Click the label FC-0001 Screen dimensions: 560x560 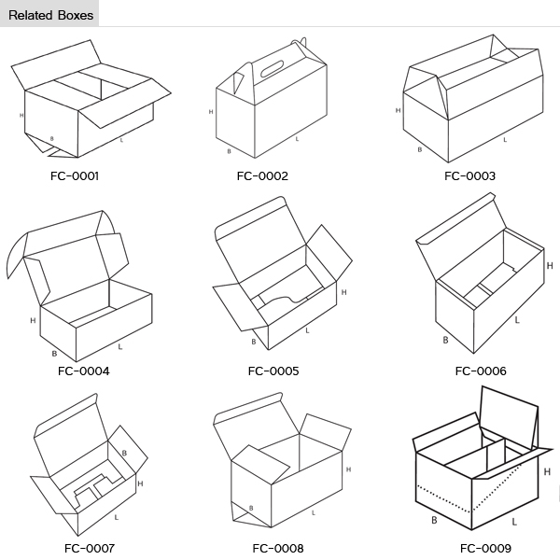75,175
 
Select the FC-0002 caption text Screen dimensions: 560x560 262,175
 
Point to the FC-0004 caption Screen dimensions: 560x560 84,371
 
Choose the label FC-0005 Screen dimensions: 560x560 273,371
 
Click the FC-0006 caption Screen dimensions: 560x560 481,371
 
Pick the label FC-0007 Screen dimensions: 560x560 90,548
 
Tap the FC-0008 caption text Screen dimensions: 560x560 277,548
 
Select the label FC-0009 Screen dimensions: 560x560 485,548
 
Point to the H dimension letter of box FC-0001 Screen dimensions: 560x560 21,115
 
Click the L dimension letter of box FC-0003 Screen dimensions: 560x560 505,140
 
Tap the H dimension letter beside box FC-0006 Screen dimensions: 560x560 548,265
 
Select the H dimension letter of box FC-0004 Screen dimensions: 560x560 33,320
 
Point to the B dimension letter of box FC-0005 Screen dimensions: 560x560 253,342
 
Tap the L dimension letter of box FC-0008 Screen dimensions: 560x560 314,512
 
